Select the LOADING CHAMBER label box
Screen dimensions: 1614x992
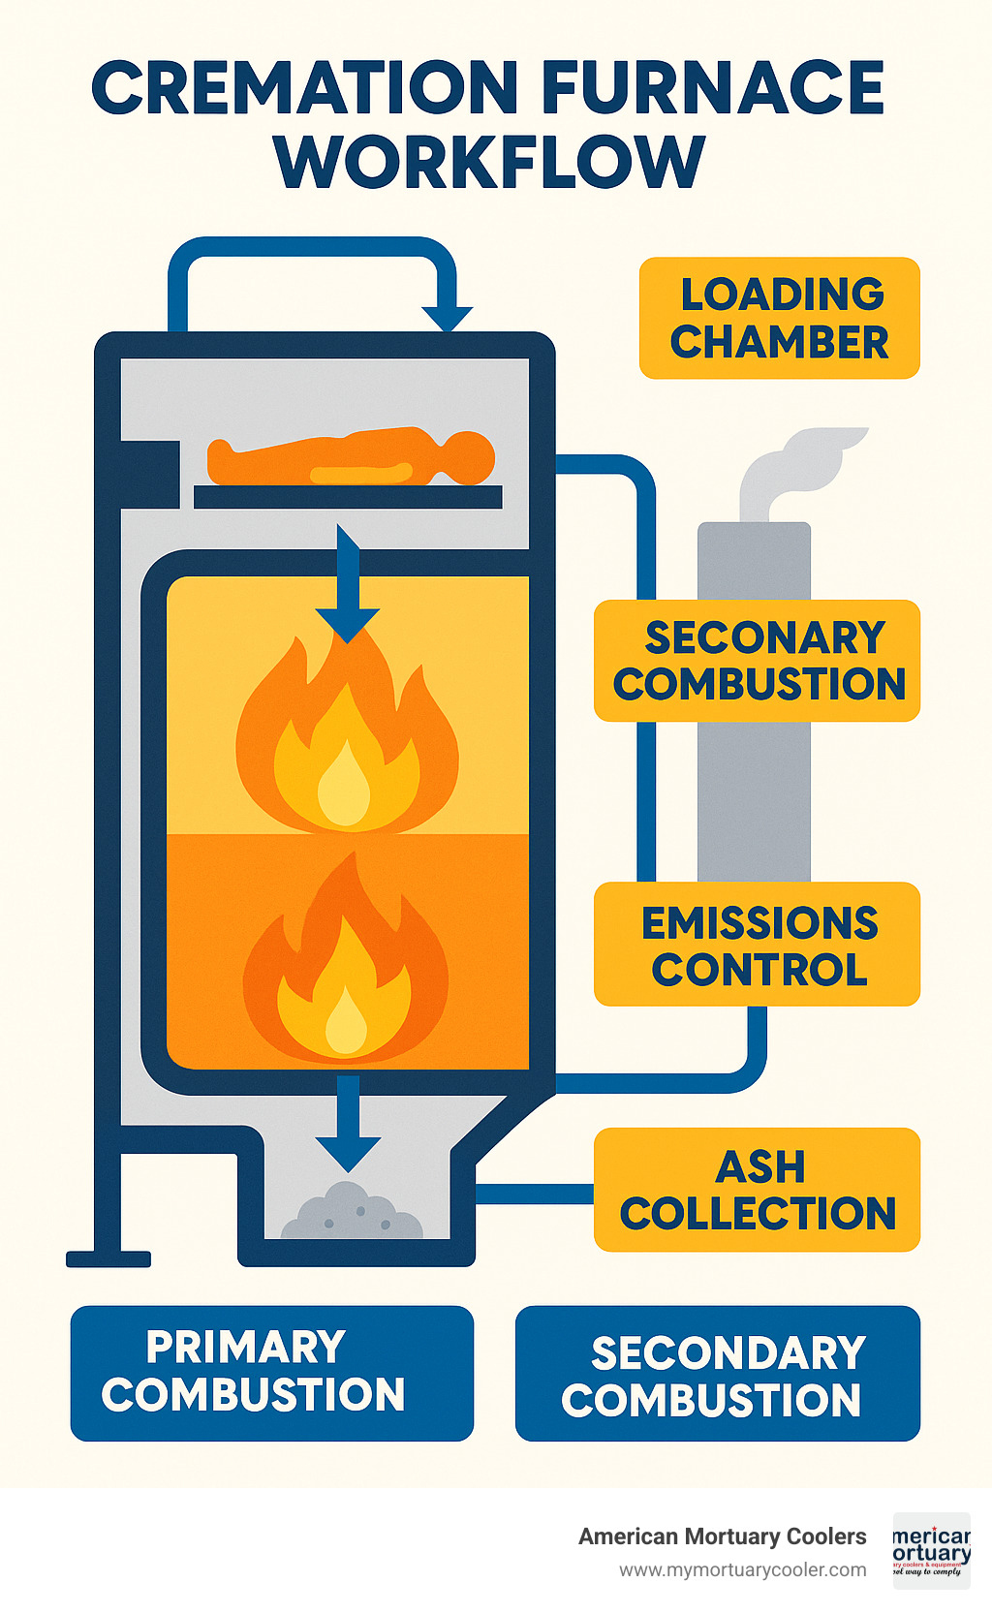point(779,318)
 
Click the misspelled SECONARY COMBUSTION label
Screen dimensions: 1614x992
point(757,661)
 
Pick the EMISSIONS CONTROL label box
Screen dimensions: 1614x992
point(757,945)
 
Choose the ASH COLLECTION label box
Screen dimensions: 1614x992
point(757,1190)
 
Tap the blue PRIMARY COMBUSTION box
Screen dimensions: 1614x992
point(272,1373)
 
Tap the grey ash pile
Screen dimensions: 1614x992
point(353,1213)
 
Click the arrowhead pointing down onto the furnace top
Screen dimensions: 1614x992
point(447,317)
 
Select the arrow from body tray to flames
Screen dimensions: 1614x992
point(348,581)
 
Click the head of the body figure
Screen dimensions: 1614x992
point(471,456)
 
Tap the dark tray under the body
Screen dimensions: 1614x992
point(348,497)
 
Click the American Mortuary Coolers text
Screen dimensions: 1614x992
point(722,1536)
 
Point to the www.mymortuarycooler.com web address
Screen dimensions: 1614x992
point(742,1570)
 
